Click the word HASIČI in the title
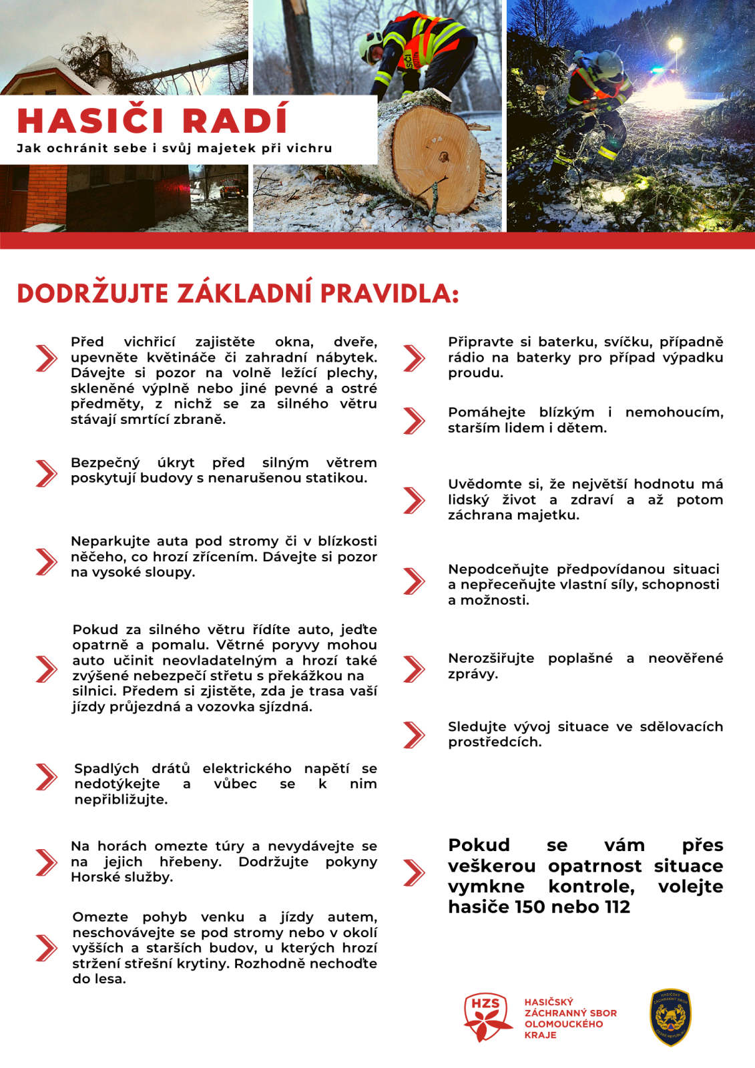90,121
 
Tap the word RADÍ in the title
235,121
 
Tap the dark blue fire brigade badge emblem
670,1017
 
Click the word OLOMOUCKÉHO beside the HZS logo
563,1024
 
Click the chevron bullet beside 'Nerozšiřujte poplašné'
415,669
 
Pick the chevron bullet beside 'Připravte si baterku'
415,358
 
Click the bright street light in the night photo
675,44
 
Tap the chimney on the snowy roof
104,62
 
